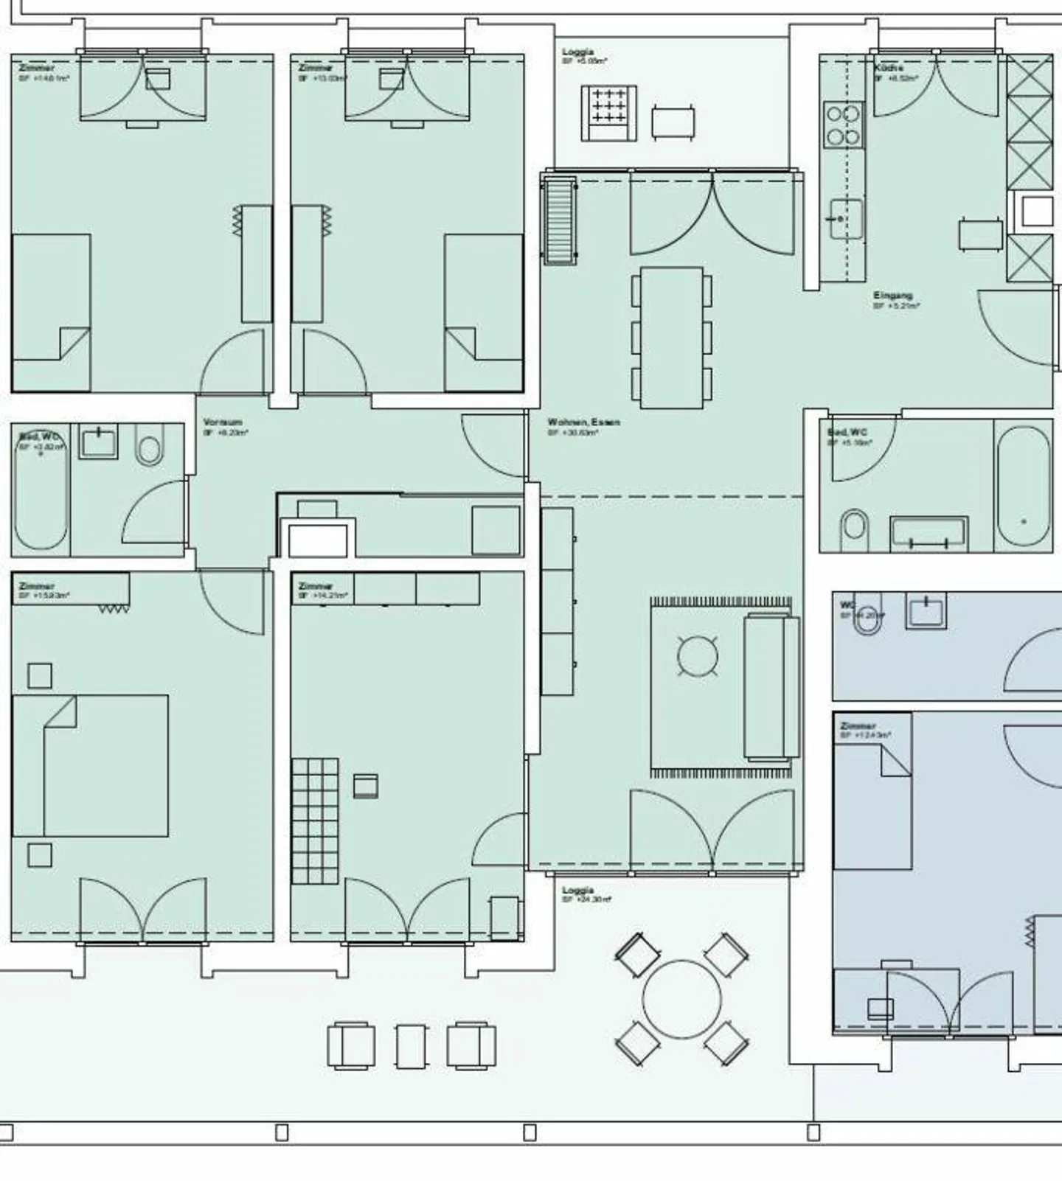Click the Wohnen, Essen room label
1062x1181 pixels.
pos(583,422)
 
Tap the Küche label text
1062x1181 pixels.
pos(889,68)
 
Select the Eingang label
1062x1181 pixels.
pos(892,296)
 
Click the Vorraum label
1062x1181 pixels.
pos(222,422)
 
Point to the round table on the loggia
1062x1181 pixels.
pos(681,1000)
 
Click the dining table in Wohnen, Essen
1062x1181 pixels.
pos(671,338)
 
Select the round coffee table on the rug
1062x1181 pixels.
pos(697,656)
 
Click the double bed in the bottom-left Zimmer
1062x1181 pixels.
pos(91,765)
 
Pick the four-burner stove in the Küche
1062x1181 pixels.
pos(842,125)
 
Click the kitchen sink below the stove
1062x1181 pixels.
pos(844,219)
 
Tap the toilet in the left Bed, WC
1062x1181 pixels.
pos(149,449)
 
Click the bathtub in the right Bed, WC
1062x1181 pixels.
pos(1023,486)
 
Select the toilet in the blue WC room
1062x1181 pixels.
pos(867,621)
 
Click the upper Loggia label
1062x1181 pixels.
pos(577,52)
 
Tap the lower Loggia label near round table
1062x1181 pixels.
pos(577,891)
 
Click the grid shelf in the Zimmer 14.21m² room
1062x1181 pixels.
pos(315,821)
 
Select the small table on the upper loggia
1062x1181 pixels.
pos(673,122)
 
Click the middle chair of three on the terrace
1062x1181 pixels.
pos(411,1045)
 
